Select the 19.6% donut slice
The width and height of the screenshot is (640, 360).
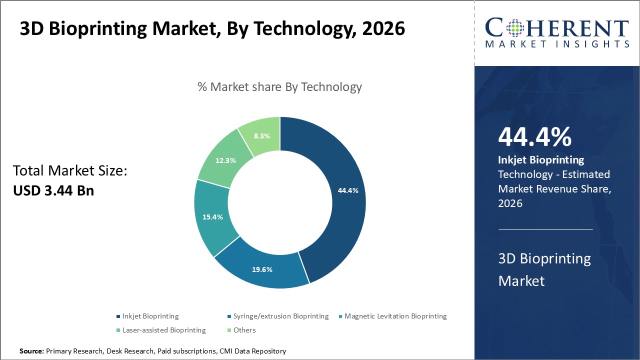(x=262, y=269)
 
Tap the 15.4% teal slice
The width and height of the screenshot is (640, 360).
(x=212, y=217)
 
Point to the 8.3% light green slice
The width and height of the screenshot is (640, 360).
(x=262, y=135)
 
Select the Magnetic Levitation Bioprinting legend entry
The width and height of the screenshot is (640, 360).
(x=395, y=316)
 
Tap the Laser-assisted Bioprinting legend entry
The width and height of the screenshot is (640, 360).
(x=164, y=330)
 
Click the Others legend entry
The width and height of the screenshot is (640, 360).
(x=244, y=330)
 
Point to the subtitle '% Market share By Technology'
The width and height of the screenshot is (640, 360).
(x=279, y=87)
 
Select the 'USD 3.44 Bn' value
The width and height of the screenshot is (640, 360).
(x=53, y=190)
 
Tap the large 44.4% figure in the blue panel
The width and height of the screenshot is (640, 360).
(x=534, y=137)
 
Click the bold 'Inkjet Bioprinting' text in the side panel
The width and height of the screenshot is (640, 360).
(x=541, y=160)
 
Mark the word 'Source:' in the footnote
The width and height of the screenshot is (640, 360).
(x=31, y=351)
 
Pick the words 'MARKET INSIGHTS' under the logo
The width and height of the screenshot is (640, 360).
(x=557, y=44)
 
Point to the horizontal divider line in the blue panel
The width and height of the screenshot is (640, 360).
(x=545, y=229)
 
